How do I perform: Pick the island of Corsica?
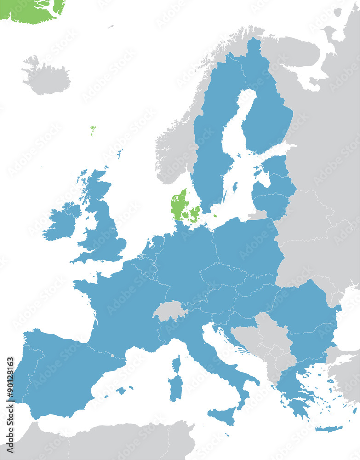(176, 364)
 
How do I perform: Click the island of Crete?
(329, 429)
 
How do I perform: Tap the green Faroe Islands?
(93, 130)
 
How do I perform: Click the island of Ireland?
(61, 223)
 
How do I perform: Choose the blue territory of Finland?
(269, 115)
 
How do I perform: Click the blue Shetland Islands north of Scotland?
(120, 153)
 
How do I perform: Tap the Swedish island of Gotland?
(235, 187)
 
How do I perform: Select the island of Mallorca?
(120, 391)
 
